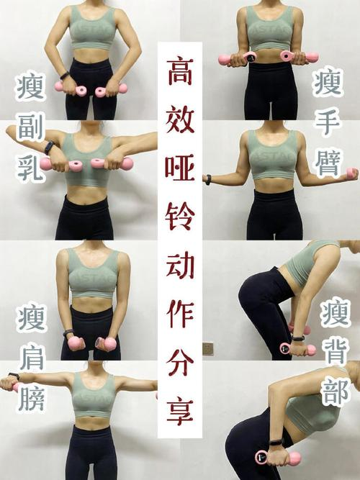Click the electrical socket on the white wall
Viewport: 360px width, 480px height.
[208, 348]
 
